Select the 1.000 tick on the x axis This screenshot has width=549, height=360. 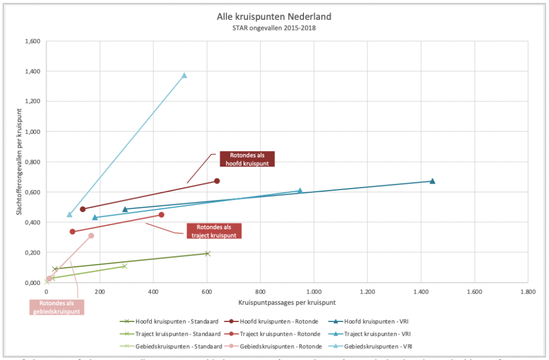click(x=314, y=292)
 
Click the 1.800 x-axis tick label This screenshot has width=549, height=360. click(x=528, y=292)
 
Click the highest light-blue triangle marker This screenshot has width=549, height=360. click(x=184, y=76)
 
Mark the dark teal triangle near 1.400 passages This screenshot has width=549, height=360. click(x=432, y=181)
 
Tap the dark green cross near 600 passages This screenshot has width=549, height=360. click(x=207, y=253)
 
